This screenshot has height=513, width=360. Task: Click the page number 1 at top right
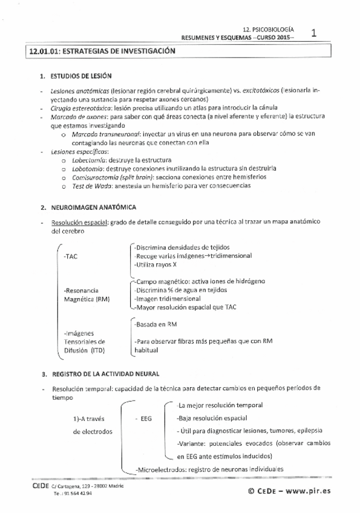tap(314, 34)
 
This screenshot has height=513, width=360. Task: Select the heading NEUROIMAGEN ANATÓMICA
tap(89, 207)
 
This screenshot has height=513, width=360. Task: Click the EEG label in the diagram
tap(146, 417)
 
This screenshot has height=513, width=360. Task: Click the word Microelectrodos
tap(159, 469)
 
